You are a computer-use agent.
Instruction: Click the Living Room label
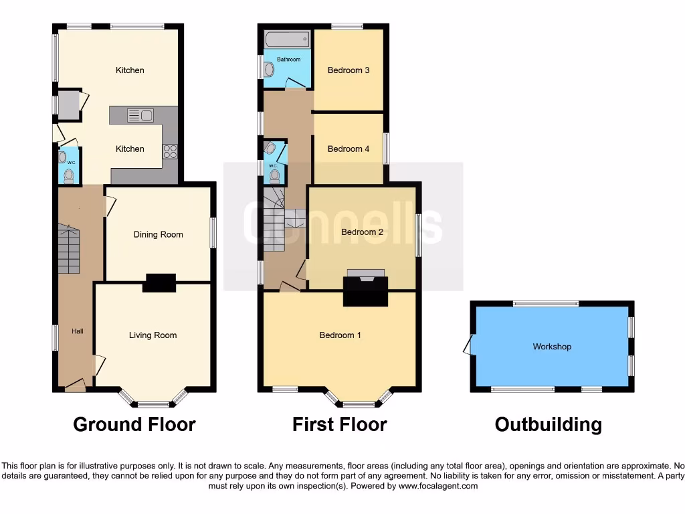(153, 335)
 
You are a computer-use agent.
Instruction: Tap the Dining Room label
(158, 235)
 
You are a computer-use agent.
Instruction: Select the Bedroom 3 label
(348, 70)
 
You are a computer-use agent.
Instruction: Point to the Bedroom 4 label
(348, 149)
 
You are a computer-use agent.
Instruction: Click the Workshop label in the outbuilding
(552, 347)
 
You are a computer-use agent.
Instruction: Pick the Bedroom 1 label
(340, 335)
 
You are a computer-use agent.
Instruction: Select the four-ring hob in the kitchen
(170, 152)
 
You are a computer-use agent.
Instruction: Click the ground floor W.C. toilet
(68, 176)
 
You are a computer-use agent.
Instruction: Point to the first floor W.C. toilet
(274, 176)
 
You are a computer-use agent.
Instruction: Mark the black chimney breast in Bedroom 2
(365, 292)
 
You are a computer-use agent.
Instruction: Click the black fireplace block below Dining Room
(159, 283)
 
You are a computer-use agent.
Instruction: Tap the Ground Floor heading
(134, 424)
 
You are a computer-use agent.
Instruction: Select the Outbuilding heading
(548, 424)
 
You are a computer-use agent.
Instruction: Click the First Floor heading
(339, 424)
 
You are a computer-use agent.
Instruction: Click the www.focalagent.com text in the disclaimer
(438, 486)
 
